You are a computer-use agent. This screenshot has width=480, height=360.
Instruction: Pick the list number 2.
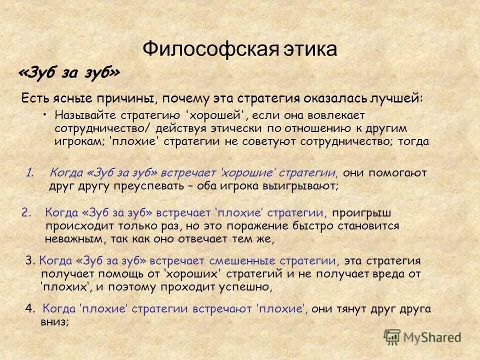pyautogui.click(x=26, y=213)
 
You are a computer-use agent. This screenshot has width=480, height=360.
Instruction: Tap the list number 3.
pyautogui.click(x=29, y=260)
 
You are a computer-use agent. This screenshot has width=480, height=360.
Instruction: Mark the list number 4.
pyautogui.click(x=29, y=308)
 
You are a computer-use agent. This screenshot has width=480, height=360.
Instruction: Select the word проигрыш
pyautogui.click(x=362, y=213)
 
